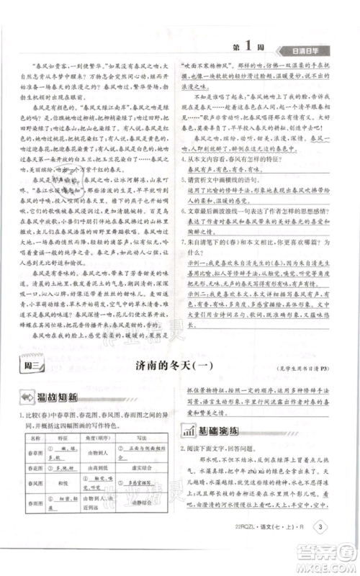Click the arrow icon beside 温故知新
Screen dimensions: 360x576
coord(26,400)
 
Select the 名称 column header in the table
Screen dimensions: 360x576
coord(32,437)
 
